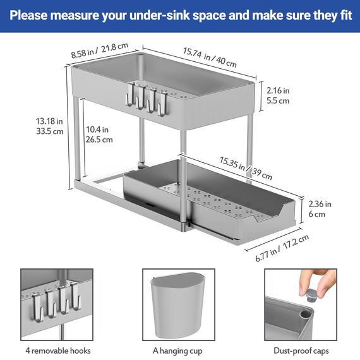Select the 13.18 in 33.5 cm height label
click(50, 125)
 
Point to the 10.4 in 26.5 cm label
click(99, 134)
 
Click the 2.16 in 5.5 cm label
click(277, 95)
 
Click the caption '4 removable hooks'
click(58, 351)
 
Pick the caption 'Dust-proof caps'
click(301, 351)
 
